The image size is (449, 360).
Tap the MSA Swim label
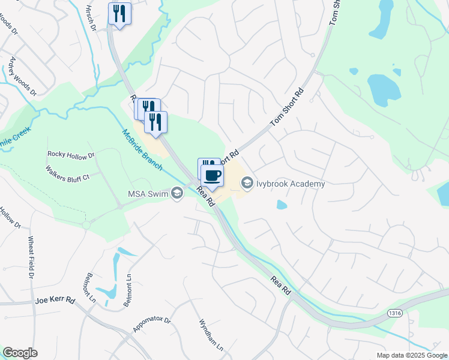coord(148,193)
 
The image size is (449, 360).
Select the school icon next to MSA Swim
coord(176,193)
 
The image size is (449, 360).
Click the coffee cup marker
coord(212,175)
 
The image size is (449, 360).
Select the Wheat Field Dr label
coord(30,257)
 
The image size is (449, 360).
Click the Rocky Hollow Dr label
coord(71,155)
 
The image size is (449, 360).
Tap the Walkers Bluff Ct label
coord(67,173)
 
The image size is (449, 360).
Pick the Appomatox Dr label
coord(152,325)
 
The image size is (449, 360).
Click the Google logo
coord(20,353)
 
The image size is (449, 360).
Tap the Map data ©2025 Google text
coord(412,355)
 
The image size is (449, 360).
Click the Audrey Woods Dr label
coord(22,76)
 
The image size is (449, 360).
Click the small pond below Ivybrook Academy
coord(282,205)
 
